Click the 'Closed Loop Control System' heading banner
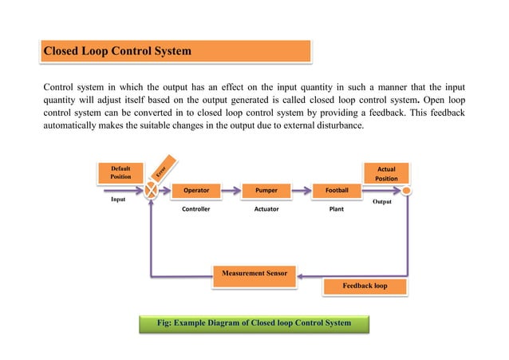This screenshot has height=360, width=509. point(175,51)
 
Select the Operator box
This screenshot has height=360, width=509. point(196,192)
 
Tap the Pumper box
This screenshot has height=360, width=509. point(266,192)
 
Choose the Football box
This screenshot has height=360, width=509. point(336,192)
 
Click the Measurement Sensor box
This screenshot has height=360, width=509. point(254,274)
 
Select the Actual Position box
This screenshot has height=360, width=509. point(386,173)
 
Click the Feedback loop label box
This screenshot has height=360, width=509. point(365,286)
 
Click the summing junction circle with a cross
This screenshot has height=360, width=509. point(151,192)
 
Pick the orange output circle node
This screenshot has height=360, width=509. point(406,192)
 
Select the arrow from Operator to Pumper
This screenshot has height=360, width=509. point(231,192)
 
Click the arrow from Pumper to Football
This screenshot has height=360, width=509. point(302,192)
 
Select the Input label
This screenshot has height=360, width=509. point(119,201)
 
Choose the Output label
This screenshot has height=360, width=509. point(385,203)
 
